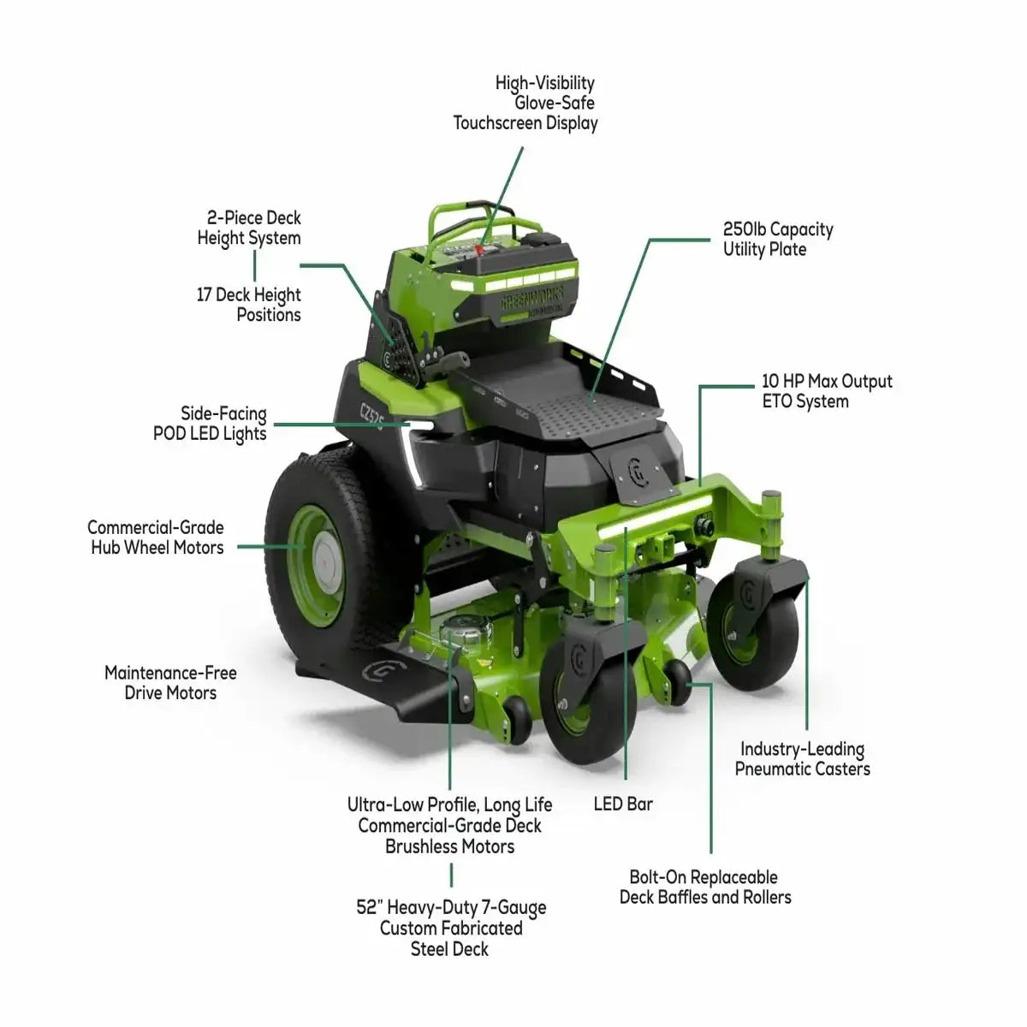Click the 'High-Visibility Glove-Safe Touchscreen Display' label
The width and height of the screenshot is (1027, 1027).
click(x=525, y=103)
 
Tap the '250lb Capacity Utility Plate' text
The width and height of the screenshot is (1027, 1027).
click(x=778, y=240)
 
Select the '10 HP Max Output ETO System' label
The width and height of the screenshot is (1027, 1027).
click(x=827, y=391)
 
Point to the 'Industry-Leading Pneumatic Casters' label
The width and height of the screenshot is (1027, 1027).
click(x=802, y=759)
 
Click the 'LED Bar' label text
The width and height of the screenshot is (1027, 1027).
click(x=623, y=804)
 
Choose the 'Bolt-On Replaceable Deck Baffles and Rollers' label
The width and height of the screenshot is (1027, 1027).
click(x=705, y=887)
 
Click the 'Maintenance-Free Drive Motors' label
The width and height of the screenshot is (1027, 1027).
click(x=170, y=683)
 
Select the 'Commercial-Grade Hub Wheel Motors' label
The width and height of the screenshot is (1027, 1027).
click(x=156, y=537)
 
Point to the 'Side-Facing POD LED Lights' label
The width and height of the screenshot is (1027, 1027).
click(x=210, y=424)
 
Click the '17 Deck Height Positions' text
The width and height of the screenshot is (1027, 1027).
click(x=248, y=305)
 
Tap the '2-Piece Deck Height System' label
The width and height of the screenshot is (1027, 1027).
click(x=249, y=228)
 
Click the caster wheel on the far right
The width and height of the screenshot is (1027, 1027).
click(x=752, y=631)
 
